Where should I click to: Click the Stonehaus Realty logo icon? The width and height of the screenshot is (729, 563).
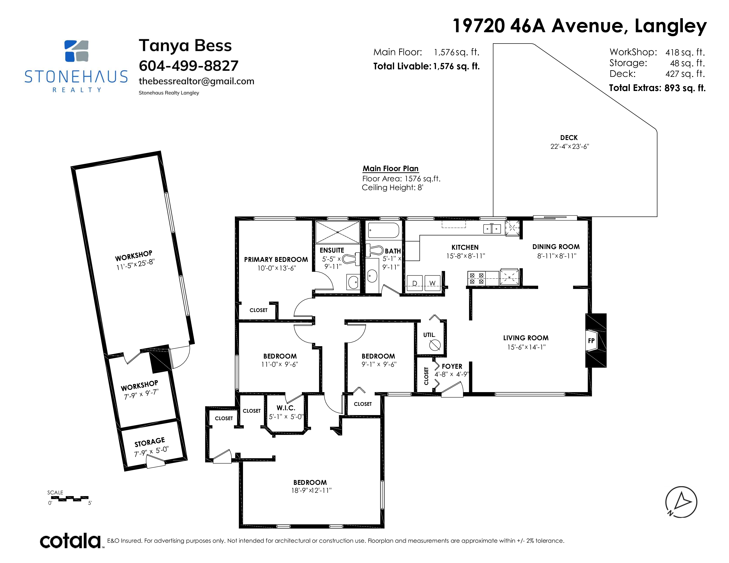tap(76, 51)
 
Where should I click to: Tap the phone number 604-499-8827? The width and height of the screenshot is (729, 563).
tap(189, 66)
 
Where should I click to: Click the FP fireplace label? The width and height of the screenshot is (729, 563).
tap(591, 340)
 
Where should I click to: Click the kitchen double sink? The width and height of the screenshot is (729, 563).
tap(492, 229)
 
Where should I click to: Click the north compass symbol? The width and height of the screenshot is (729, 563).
tap(681, 502)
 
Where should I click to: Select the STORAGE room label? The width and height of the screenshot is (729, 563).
tap(150, 442)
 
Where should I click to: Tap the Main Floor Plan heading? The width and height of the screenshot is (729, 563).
tap(391, 169)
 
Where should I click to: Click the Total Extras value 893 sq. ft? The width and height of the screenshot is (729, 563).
tap(685, 88)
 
